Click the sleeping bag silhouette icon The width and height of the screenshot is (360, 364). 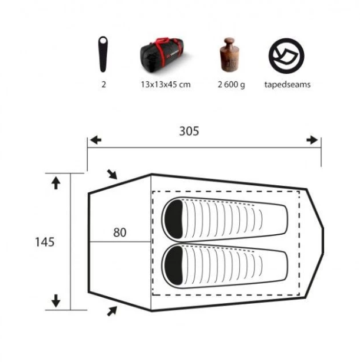pyautogui.click(x=103, y=54)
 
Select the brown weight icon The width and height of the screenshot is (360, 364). pyautogui.click(x=229, y=55)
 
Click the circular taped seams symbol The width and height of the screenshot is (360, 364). pyautogui.click(x=286, y=56)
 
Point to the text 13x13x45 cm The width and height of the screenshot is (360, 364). pyautogui.click(x=166, y=84)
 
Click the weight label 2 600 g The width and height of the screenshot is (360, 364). pyautogui.click(x=231, y=84)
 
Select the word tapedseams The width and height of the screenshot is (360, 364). pyautogui.click(x=288, y=84)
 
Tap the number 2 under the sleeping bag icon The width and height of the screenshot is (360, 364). pyautogui.click(x=104, y=84)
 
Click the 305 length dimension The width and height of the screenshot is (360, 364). pyautogui.click(x=189, y=131)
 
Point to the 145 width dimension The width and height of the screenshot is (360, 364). pyautogui.click(x=45, y=242)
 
